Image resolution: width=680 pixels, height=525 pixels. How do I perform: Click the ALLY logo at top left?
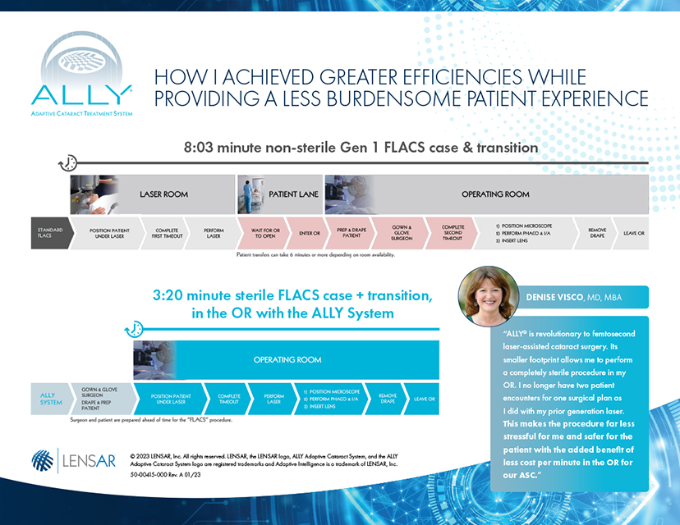pyautogui.click(x=80, y=78)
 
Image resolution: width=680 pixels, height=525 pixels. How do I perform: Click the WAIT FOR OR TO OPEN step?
pyautogui.click(x=265, y=233)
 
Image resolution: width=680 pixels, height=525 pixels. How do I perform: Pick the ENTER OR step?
pyautogui.click(x=309, y=233)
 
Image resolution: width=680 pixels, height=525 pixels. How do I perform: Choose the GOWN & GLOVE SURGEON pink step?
pyautogui.click(x=402, y=233)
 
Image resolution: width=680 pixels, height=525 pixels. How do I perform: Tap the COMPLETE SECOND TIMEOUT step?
pyautogui.click(x=453, y=233)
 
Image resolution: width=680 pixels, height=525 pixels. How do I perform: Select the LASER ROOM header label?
pyautogui.click(x=163, y=194)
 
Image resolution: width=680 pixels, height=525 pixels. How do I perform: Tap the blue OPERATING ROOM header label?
pyautogui.click(x=287, y=359)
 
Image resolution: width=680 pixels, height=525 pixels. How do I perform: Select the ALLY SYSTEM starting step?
pyautogui.click(x=50, y=399)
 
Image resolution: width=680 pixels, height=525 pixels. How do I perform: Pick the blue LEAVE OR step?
pyautogui.click(x=425, y=399)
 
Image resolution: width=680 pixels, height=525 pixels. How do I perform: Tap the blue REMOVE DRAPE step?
pyautogui.click(x=387, y=399)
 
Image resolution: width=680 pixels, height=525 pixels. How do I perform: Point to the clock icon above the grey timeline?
pyautogui.click(x=68, y=162)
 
